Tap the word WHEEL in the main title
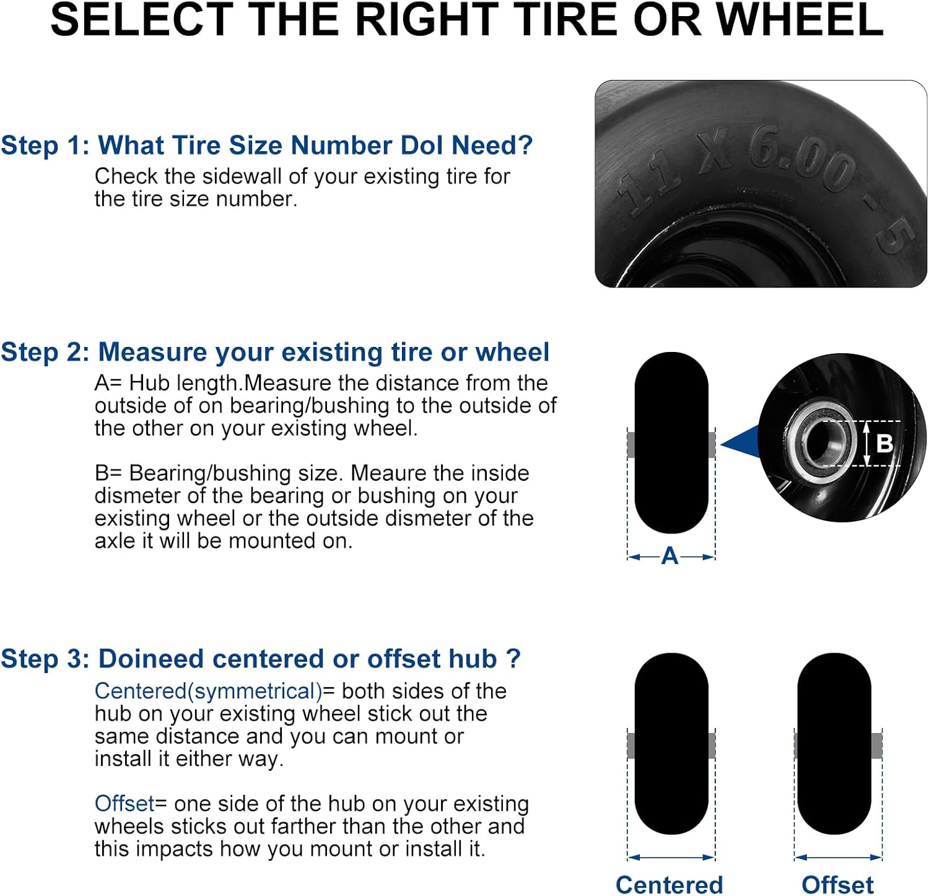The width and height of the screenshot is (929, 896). coord(800,20)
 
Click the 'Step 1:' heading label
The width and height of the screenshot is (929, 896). coord(45,145)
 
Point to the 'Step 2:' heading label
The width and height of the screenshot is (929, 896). coord(45,352)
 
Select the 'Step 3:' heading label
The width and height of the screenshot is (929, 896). coord(45,659)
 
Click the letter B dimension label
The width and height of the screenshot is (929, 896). coord(885,443)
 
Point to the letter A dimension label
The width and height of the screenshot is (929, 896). coord(670,556)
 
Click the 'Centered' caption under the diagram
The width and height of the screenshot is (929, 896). coord(669,884)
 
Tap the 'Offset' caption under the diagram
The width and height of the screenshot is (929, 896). coord(838,884)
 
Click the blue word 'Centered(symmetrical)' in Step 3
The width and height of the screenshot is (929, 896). coord(208,691)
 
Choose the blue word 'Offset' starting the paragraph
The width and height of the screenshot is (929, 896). coord(124,803)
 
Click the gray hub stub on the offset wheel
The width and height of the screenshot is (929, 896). coord(876,745)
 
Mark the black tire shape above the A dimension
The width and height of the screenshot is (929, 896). coord(671,442)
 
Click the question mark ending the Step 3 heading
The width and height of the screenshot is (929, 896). coord(513,658)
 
